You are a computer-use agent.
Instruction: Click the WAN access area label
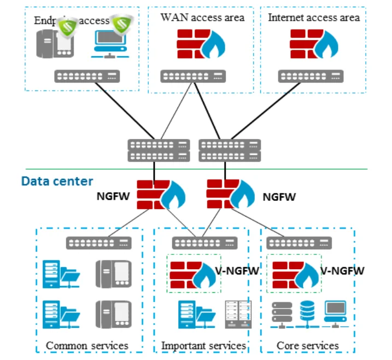tap(202, 18)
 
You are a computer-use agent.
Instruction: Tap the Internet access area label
tap(314, 18)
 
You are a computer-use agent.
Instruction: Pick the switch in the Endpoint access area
tap(87, 77)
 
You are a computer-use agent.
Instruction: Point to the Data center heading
tap(57, 181)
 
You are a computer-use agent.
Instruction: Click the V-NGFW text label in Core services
tap(342, 270)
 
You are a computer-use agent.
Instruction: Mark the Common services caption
tap(87, 345)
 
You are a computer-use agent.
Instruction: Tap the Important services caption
tap(203, 345)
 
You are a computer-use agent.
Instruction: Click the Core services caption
tap(308, 345)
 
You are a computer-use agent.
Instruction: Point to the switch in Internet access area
tap(311, 77)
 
